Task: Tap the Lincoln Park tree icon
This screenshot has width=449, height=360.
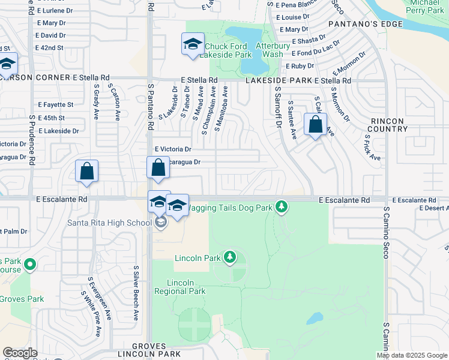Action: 229,258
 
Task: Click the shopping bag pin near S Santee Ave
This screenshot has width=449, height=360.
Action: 315,125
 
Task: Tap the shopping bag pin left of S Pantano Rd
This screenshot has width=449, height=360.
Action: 87,171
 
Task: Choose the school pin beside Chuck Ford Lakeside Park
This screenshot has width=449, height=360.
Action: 193,45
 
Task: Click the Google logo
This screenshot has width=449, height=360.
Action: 20,353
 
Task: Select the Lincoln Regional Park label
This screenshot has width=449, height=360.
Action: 179,287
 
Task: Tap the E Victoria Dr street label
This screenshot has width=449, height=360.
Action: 172,149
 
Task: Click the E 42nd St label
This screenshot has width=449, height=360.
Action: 50,47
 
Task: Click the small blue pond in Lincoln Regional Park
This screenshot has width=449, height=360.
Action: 314,318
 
